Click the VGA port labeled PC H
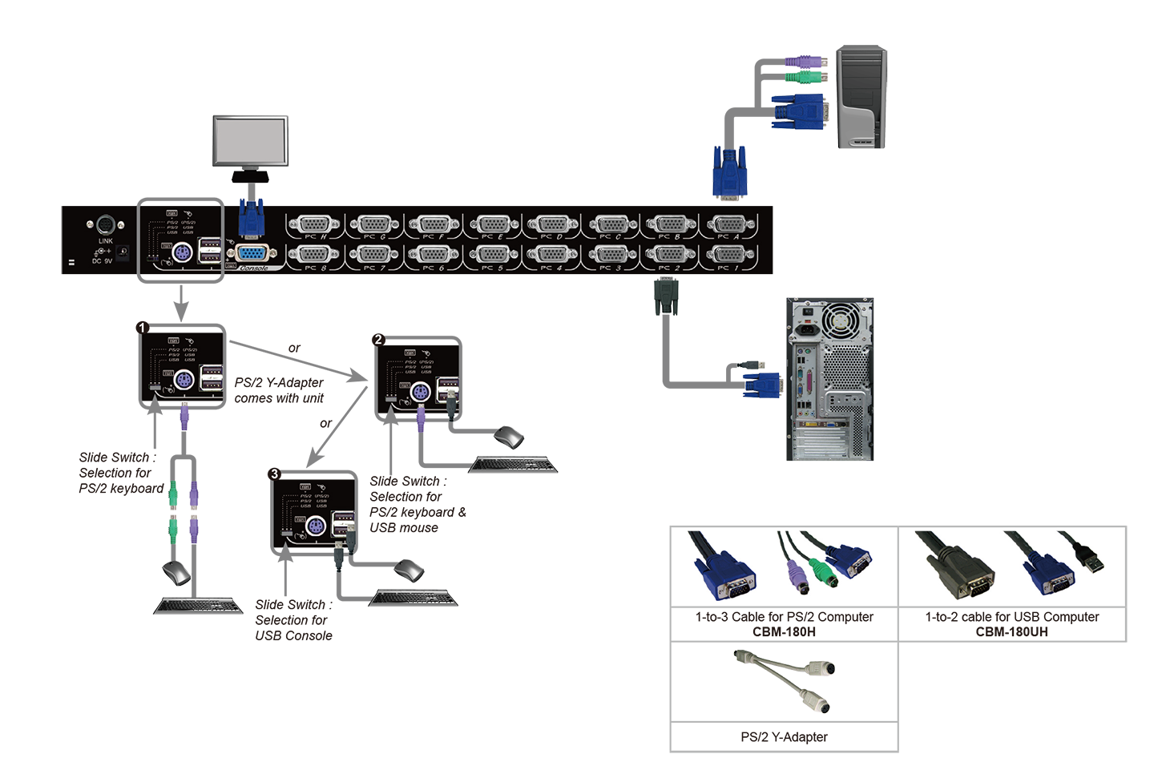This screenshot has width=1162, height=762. click(314, 224)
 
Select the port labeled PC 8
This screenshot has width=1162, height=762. click(314, 255)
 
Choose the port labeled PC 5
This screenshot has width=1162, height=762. click(492, 255)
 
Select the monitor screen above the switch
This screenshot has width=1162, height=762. click(251, 141)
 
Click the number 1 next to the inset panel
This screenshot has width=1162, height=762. click(143, 328)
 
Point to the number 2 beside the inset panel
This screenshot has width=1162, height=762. click(378, 339)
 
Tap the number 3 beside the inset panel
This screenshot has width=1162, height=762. click(275, 474)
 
